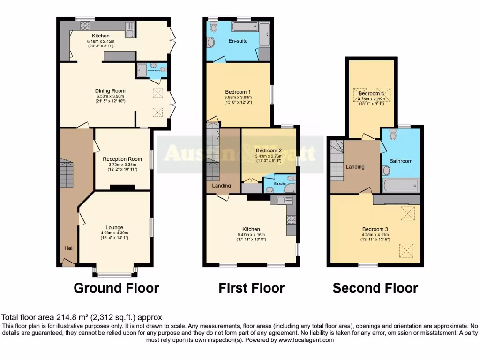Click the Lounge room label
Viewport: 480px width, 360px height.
pyautogui.click(x=114, y=227)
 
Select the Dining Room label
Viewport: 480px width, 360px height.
pyautogui.click(x=110, y=91)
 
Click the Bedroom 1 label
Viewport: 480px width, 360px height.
pyautogui.click(x=238, y=91)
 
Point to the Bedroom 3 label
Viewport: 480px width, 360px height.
pyautogui.click(x=375, y=229)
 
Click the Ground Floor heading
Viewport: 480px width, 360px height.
pyautogui.click(x=116, y=288)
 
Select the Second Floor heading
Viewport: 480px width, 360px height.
pyautogui.click(x=375, y=288)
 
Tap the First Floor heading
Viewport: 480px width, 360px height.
pyautogui.click(x=251, y=288)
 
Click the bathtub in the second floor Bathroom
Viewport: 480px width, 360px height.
pyautogui.click(x=400, y=186)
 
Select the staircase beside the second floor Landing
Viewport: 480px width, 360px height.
pyautogui.click(x=337, y=162)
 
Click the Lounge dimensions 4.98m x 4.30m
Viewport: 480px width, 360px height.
pyautogui.click(x=114, y=233)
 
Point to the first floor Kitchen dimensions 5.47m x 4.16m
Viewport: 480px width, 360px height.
pyautogui.click(x=251, y=235)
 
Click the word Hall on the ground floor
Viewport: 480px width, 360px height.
pyautogui.click(x=69, y=247)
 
